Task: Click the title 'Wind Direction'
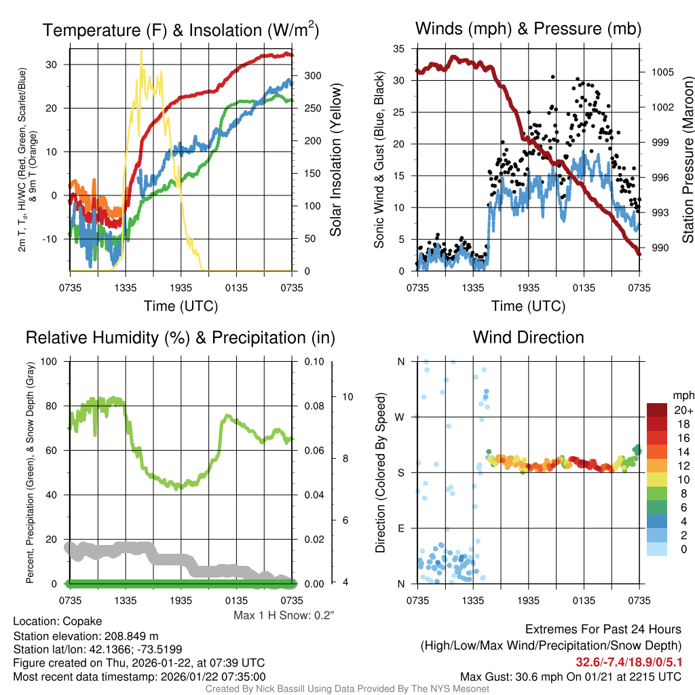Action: [528, 337]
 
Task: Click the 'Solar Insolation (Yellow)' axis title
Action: [335, 160]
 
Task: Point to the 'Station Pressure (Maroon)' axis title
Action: [688, 160]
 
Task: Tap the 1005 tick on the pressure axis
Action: [661, 72]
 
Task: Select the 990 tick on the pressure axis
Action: [658, 248]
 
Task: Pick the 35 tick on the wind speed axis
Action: [399, 49]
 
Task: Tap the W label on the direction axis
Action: [400, 417]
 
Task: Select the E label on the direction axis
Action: [401, 528]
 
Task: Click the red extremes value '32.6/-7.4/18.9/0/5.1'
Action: [628, 662]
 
